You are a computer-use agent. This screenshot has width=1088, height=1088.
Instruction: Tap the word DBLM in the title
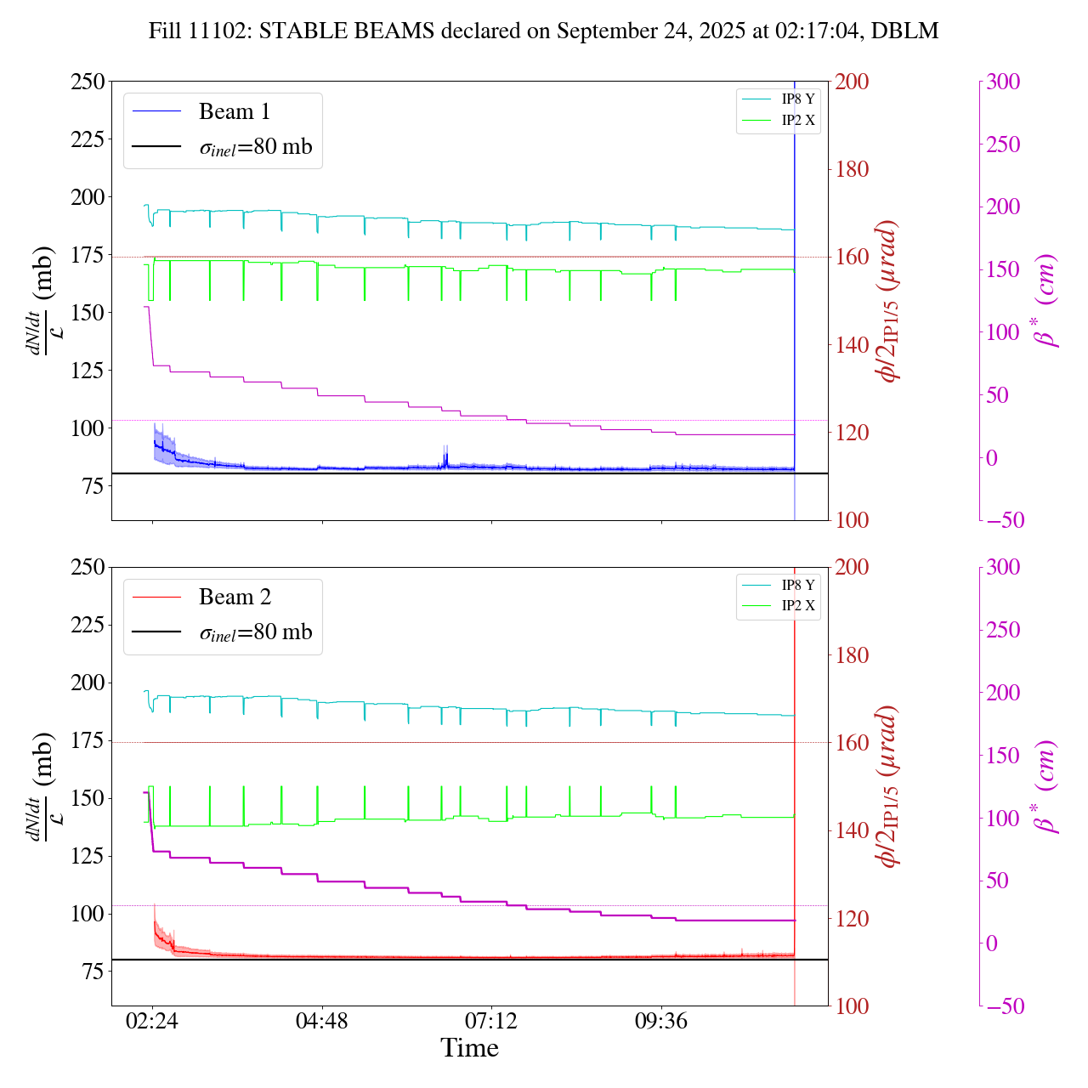coord(906,31)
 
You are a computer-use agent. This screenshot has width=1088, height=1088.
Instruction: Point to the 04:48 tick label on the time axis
coord(321,1021)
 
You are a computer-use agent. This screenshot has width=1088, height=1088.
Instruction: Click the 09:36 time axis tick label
coord(661,1021)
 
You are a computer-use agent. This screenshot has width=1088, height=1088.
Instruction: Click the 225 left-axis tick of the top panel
coord(88,139)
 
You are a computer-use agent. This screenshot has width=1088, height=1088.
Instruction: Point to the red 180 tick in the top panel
coord(853,169)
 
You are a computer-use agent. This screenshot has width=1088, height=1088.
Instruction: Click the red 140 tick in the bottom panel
coord(853,830)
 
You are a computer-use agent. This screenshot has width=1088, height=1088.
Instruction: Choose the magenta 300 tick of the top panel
coord(1003,82)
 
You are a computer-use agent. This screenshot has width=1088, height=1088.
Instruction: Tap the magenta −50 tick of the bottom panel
coord(1003,1006)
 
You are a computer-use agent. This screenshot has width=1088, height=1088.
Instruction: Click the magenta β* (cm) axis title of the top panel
coord(1045,301)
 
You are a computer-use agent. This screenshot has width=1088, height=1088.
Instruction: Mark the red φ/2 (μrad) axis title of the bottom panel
coord(889,786)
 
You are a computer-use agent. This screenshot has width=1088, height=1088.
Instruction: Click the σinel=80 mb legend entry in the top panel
coord(255,147)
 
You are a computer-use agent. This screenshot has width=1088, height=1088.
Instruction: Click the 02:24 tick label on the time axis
coord(152,1021)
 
